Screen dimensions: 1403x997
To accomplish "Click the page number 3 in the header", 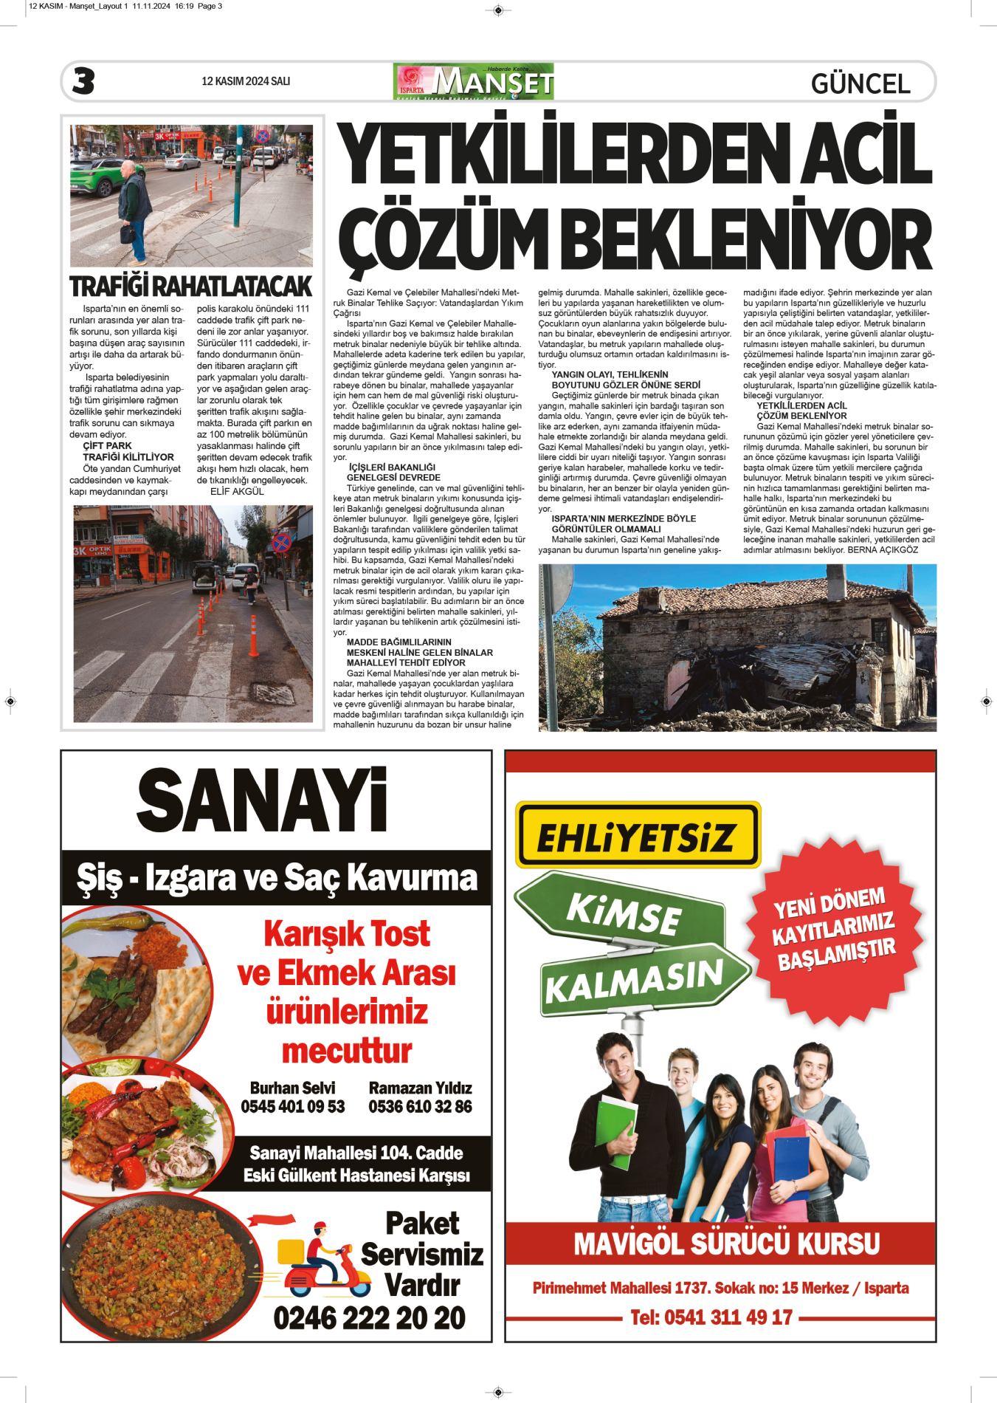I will (83, 81).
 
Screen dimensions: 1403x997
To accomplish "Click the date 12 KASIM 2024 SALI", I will (246, 81).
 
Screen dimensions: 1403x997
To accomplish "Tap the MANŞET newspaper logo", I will (474, 81).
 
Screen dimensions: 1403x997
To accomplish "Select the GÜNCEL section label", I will (860, 83).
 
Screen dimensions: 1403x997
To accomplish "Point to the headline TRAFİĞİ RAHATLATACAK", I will (191, 287).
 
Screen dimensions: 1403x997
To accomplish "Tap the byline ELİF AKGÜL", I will (237, 492).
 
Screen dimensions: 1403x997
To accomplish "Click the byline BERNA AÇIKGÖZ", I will (883, 550).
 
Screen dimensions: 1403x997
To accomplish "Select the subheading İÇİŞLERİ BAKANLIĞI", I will (392, 467).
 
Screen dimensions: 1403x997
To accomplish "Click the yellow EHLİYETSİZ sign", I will (637, 835).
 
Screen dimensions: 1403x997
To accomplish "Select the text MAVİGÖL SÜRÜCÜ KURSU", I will (726, 1244).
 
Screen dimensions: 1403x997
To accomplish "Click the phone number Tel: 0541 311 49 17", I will (711, 1318).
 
